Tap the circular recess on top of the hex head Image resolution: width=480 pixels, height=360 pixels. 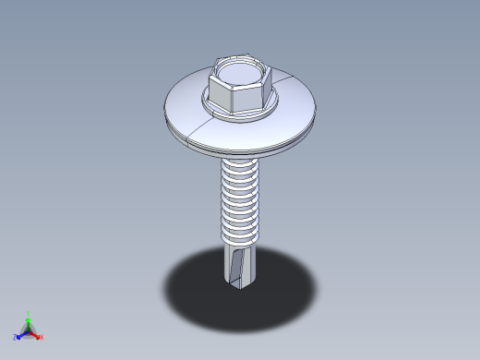242,69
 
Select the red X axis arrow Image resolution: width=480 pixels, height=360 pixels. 36,335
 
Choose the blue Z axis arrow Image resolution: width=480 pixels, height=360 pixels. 21,334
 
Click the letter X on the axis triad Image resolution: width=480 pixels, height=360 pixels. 42,337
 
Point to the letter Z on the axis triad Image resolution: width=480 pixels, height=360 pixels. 15,337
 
